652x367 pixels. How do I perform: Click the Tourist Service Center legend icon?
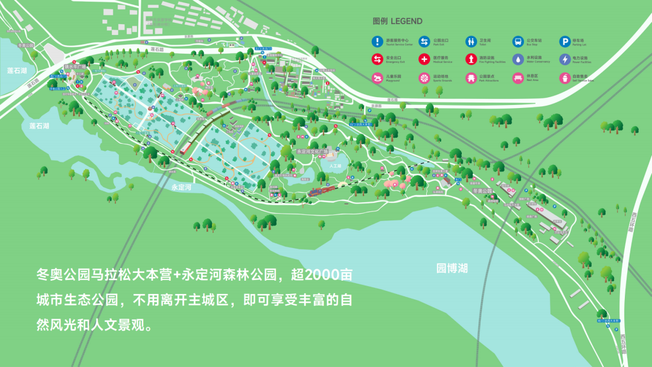[377, 42]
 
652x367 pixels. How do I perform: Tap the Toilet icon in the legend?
[471, 42]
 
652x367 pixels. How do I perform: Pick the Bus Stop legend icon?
[518, 42]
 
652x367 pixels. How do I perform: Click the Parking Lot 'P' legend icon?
[564, 42]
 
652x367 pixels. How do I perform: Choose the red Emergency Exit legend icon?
[377, 60]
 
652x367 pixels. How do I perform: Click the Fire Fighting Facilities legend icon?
[471, 60]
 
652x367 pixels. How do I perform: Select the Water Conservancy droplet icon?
[518, 60]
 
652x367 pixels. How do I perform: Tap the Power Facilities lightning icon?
[564, 60]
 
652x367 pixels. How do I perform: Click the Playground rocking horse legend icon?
[377, 78]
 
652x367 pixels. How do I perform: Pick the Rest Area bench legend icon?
[518, 78]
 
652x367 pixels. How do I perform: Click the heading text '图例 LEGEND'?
[397, 21]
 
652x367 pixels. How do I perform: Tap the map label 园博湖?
[452, 269]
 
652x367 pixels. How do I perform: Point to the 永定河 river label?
[181, 188]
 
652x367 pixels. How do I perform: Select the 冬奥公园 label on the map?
[482, 191]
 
